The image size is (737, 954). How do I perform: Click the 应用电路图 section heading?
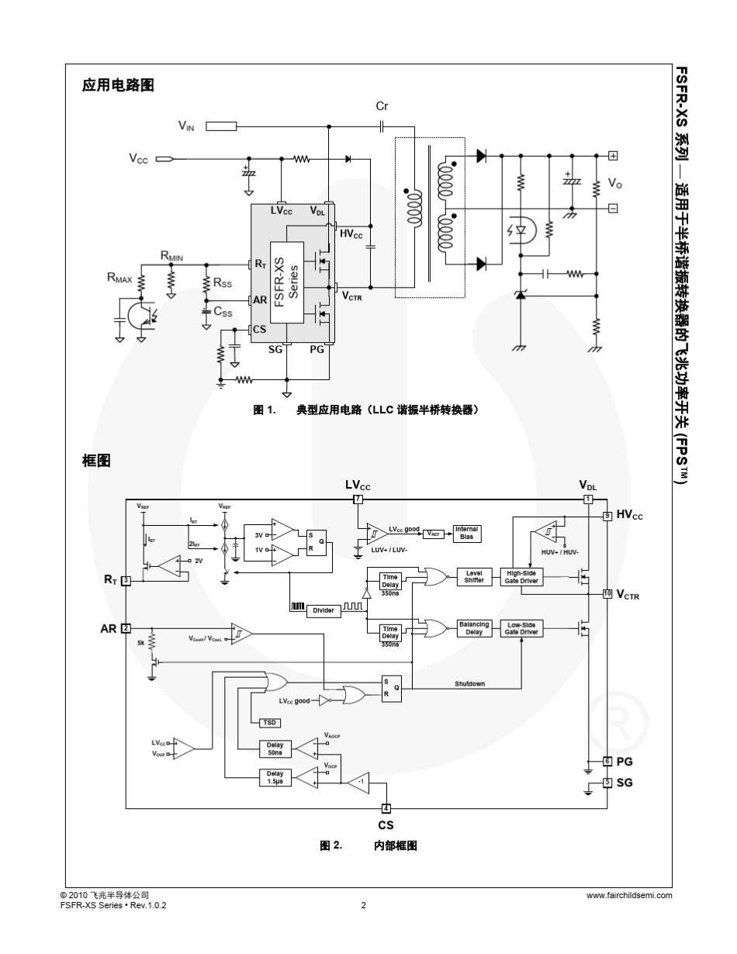[118, 86]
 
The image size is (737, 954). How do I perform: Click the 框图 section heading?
[96, 462]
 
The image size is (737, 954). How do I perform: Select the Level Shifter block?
[474, 577]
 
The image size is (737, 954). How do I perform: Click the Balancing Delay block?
[474, 628]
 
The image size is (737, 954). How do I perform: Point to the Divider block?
[323, 610]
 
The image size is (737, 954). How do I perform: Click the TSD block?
[269, 722]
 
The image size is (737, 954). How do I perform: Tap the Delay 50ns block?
[275, 748]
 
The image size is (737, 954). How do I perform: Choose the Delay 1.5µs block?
[275, 777]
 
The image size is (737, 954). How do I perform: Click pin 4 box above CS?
[386, 809]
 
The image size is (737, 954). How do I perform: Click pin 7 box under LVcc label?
[358, 499]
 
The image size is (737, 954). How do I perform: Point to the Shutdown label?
[469, 684]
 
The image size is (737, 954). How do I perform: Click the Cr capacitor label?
[381, 106]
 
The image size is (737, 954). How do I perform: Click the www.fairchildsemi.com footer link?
[629, 895]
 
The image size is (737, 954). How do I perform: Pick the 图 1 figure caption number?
[265, 410]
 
